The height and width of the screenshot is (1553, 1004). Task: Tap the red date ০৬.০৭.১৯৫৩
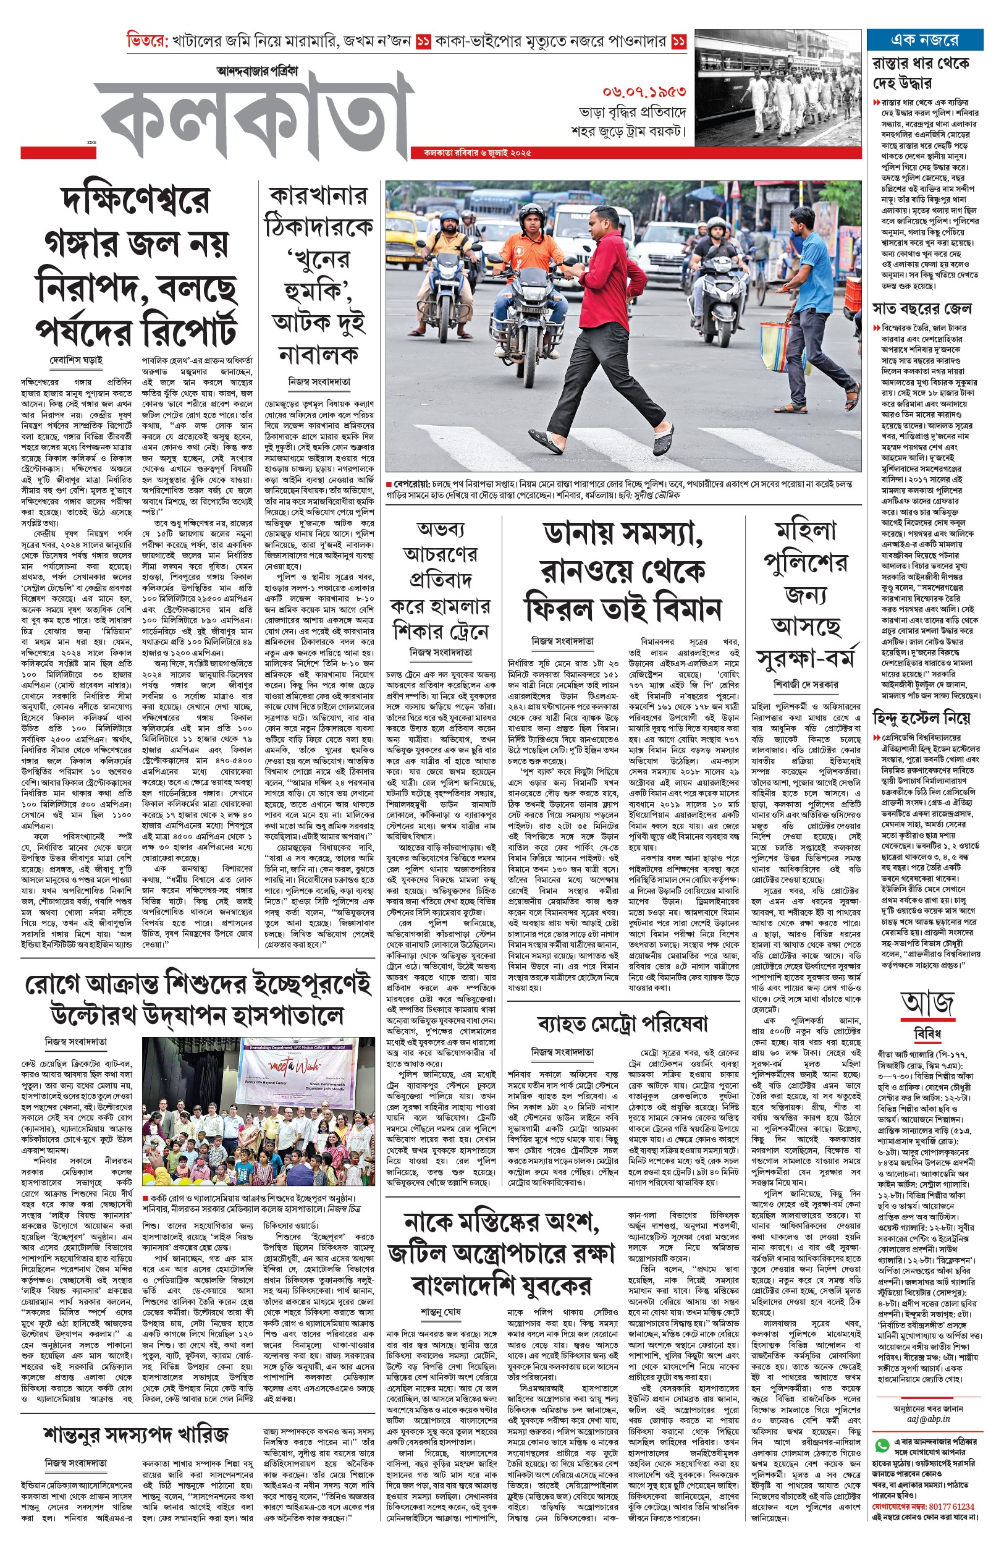pos(643,92)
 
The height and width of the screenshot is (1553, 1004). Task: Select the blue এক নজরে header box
pos(924,40)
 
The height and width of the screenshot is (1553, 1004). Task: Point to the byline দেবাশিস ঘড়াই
pos(76,360)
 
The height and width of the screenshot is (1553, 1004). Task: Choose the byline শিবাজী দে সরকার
pos(806,684)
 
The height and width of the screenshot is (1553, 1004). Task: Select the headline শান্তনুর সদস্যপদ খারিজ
pos(137,1434)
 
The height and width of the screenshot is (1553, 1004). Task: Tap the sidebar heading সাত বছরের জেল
pos(922,308)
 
